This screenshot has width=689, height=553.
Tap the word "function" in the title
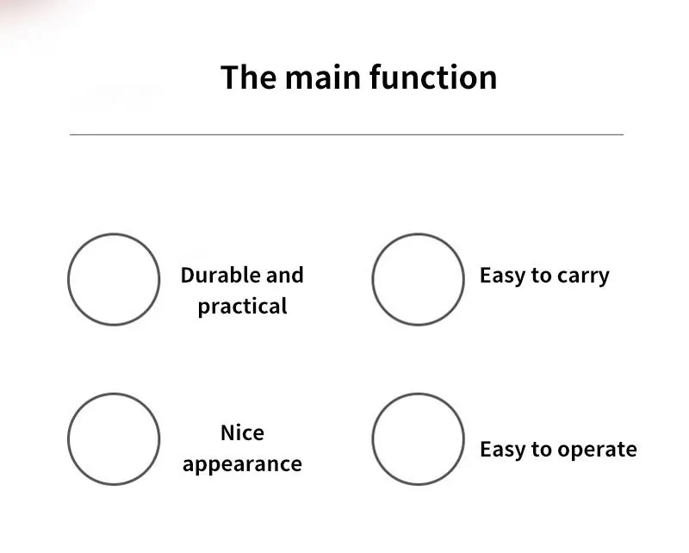[x=433, y=78]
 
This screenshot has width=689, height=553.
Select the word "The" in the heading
[x=248, y=78]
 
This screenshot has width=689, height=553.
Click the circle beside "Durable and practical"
[x=114, y=279]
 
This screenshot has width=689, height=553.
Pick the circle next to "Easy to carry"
[x=418, y=279]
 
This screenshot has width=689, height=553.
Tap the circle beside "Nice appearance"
[x=114, y=439]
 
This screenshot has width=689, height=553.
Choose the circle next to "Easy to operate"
[x=418, y=439]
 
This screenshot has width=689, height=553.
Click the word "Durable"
[x=220, y=276]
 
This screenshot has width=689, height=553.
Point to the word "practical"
[x=242, y=307]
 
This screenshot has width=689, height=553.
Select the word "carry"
[x=583, y=276]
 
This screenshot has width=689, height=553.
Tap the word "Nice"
[x=242, y=432]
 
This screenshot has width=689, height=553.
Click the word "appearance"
[x=242, y=465]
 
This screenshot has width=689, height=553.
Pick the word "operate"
[x=597, y=450]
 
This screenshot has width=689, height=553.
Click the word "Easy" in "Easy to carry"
[x=503, y=276]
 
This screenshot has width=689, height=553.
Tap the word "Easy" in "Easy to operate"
[x=503, y=450]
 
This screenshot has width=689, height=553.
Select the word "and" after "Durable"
[x=285, y=276]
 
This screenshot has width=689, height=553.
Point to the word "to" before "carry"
[x=542, y=276]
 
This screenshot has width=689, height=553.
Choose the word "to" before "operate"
[x=542, y=450]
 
